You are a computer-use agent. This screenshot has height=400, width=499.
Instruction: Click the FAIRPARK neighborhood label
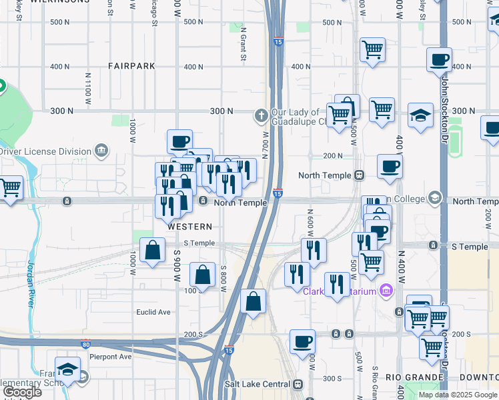(x=132, y=66)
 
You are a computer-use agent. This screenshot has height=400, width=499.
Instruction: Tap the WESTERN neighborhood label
(x=185, y=227)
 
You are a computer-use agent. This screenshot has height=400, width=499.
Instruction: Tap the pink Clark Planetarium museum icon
(x=385, y=290)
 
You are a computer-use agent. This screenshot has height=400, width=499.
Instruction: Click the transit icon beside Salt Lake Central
(x=298, y=384)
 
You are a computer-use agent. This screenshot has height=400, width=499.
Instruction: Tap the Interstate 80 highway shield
(x=85, y=344)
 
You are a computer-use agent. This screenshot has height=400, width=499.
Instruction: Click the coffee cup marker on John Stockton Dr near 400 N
(x=439, y=60)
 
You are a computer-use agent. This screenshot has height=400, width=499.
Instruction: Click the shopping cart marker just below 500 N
(x=372, y=49)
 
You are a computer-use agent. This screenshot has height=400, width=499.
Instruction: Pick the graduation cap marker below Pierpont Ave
(x=67, y=369)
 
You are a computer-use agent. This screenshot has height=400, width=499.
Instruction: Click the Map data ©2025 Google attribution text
(x=458, y=395)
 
